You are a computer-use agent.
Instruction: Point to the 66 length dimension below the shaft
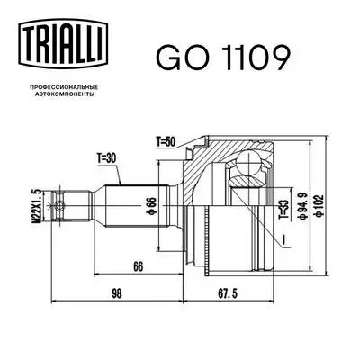click(x=138, y=267)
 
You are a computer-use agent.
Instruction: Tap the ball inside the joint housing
click(x=246, y=166)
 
